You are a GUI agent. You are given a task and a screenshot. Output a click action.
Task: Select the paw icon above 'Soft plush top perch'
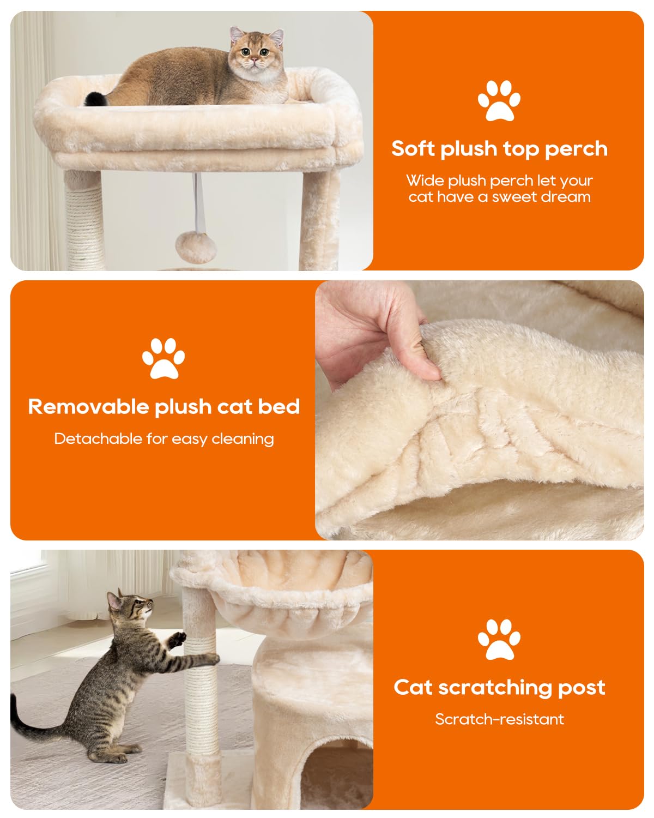[x=499, y=100]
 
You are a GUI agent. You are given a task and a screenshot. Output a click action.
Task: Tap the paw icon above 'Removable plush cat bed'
[x=163, y=358]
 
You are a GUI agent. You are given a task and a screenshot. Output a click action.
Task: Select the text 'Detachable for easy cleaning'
[x=163, y=438]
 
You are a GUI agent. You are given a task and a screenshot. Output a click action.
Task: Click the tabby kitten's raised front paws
[x=177, y=639]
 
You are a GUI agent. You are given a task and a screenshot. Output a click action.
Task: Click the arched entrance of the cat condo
[x=332, y=774]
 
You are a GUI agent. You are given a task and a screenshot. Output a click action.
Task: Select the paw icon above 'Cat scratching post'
[x=499, y=639]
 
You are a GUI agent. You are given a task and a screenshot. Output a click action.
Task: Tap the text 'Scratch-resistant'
[x=499, y=719]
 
